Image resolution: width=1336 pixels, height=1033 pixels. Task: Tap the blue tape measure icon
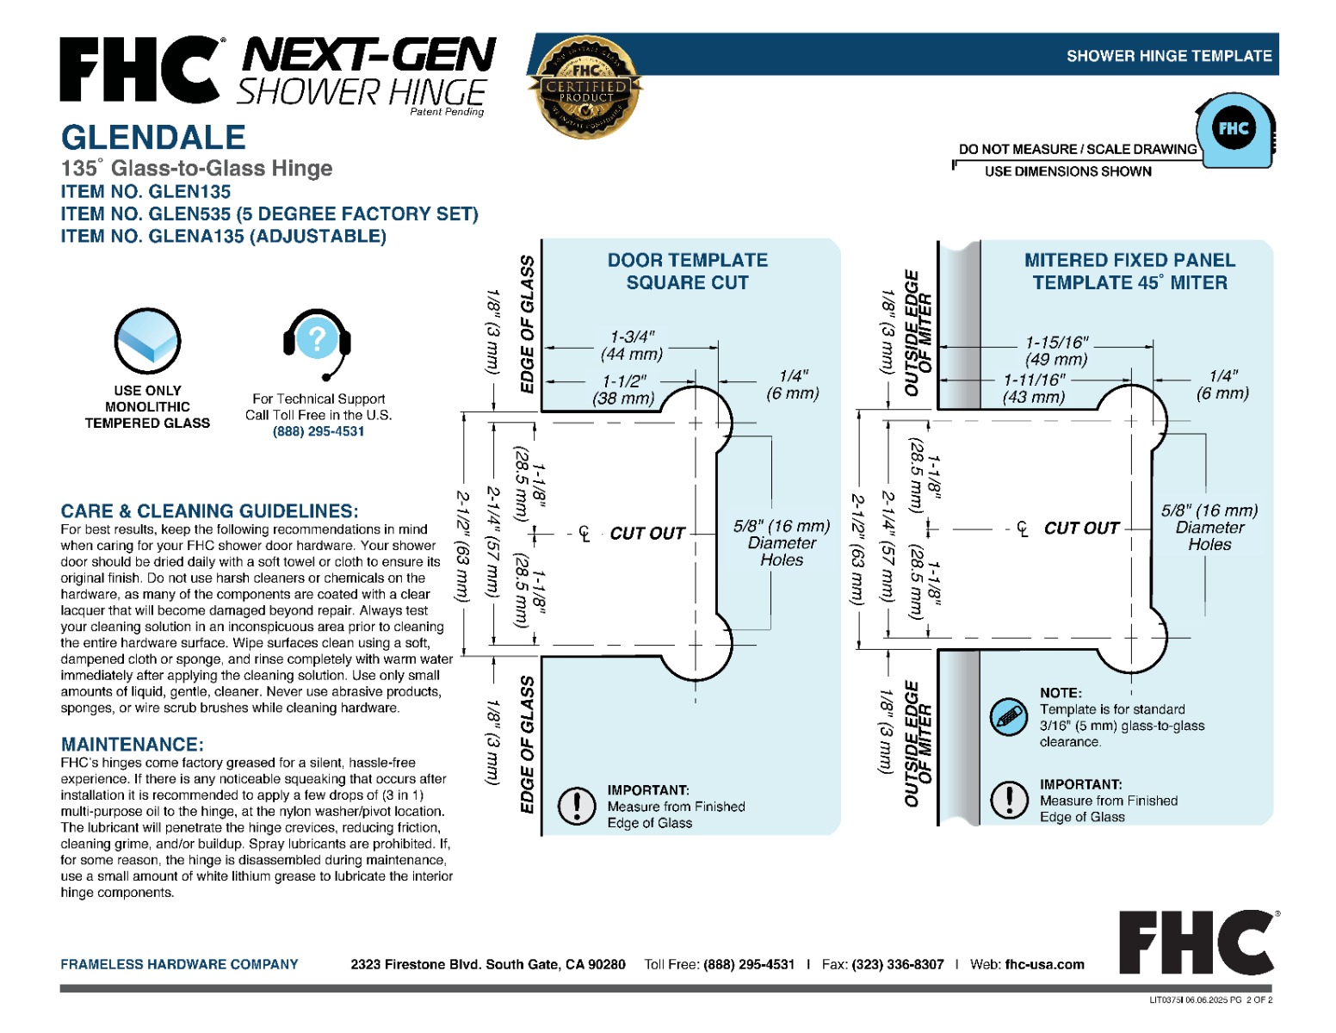(x=1234, y=131)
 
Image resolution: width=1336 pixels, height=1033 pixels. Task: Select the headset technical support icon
(x=317, y=342)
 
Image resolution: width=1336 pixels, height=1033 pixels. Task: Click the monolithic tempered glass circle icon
(x=147, y=341)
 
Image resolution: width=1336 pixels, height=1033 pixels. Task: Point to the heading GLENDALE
(x=153, y=138)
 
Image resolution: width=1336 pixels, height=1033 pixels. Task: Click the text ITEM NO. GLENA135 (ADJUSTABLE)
(x=223, y=236)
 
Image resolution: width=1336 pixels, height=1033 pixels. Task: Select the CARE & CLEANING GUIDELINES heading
(x=209, y=510)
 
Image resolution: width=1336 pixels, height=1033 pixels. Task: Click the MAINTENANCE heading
(x=133, y=745)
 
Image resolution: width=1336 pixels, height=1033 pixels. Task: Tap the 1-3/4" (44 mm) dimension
(x=632, y=345)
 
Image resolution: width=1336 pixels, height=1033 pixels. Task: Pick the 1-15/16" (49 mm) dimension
(x=1056, y=350)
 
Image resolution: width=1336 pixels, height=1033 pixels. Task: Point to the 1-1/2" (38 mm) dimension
(x=624, y=390)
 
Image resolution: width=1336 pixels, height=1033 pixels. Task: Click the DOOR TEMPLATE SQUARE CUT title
(x=687, y=271)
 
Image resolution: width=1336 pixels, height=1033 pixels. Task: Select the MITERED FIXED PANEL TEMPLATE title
(x=1129, y=271)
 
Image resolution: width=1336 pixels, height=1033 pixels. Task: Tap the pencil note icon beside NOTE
(x=1008, y=715)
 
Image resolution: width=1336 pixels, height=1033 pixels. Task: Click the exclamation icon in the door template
(x=577, y=806)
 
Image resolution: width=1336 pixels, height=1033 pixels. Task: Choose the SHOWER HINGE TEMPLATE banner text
(x=1168, y=56)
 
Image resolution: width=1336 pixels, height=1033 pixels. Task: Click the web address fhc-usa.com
(x=1044, y=964)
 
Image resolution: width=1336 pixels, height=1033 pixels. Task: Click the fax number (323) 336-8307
(x=897, y=964)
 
